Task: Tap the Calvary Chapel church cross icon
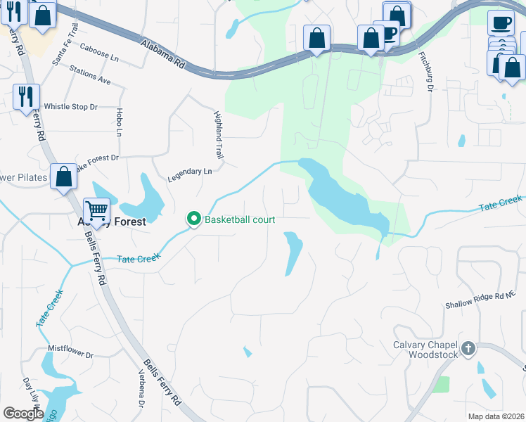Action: [468, 348]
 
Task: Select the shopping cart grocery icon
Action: [96, 210]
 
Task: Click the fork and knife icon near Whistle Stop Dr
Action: [27, 96]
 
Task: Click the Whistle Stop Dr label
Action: [70, 107]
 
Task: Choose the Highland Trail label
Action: [217, 133]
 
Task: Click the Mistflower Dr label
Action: [70, 347]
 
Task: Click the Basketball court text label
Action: [239, 219]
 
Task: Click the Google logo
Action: [23, 414]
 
